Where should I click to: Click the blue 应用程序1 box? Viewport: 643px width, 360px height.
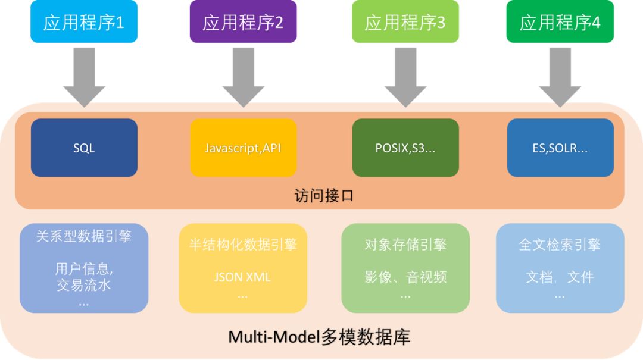[x=84, y=22]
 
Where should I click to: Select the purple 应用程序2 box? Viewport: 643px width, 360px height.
[x=243, y=22]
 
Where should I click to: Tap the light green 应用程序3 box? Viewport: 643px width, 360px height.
[x=405, y=22]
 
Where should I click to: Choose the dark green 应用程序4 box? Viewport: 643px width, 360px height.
[x=560, y=22]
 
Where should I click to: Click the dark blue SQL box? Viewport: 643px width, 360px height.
[x=84, y=148]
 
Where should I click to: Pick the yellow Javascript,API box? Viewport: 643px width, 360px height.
[x=243, y=148]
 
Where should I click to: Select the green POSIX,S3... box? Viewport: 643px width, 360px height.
[x=405, y=148]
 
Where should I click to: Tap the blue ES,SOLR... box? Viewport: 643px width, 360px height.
[x=560, y=148]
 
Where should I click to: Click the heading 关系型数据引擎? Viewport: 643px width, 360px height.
[x=84, y=236]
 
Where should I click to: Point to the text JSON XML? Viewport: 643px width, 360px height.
[x=242, y=277]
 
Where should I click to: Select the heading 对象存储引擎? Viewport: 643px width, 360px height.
[x=405, y=245]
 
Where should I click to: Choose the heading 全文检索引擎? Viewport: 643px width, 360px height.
[x=560, y=245]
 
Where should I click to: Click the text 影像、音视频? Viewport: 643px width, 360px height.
[x=405, y=277]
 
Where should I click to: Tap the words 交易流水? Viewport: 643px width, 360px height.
[x=84, y=285]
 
